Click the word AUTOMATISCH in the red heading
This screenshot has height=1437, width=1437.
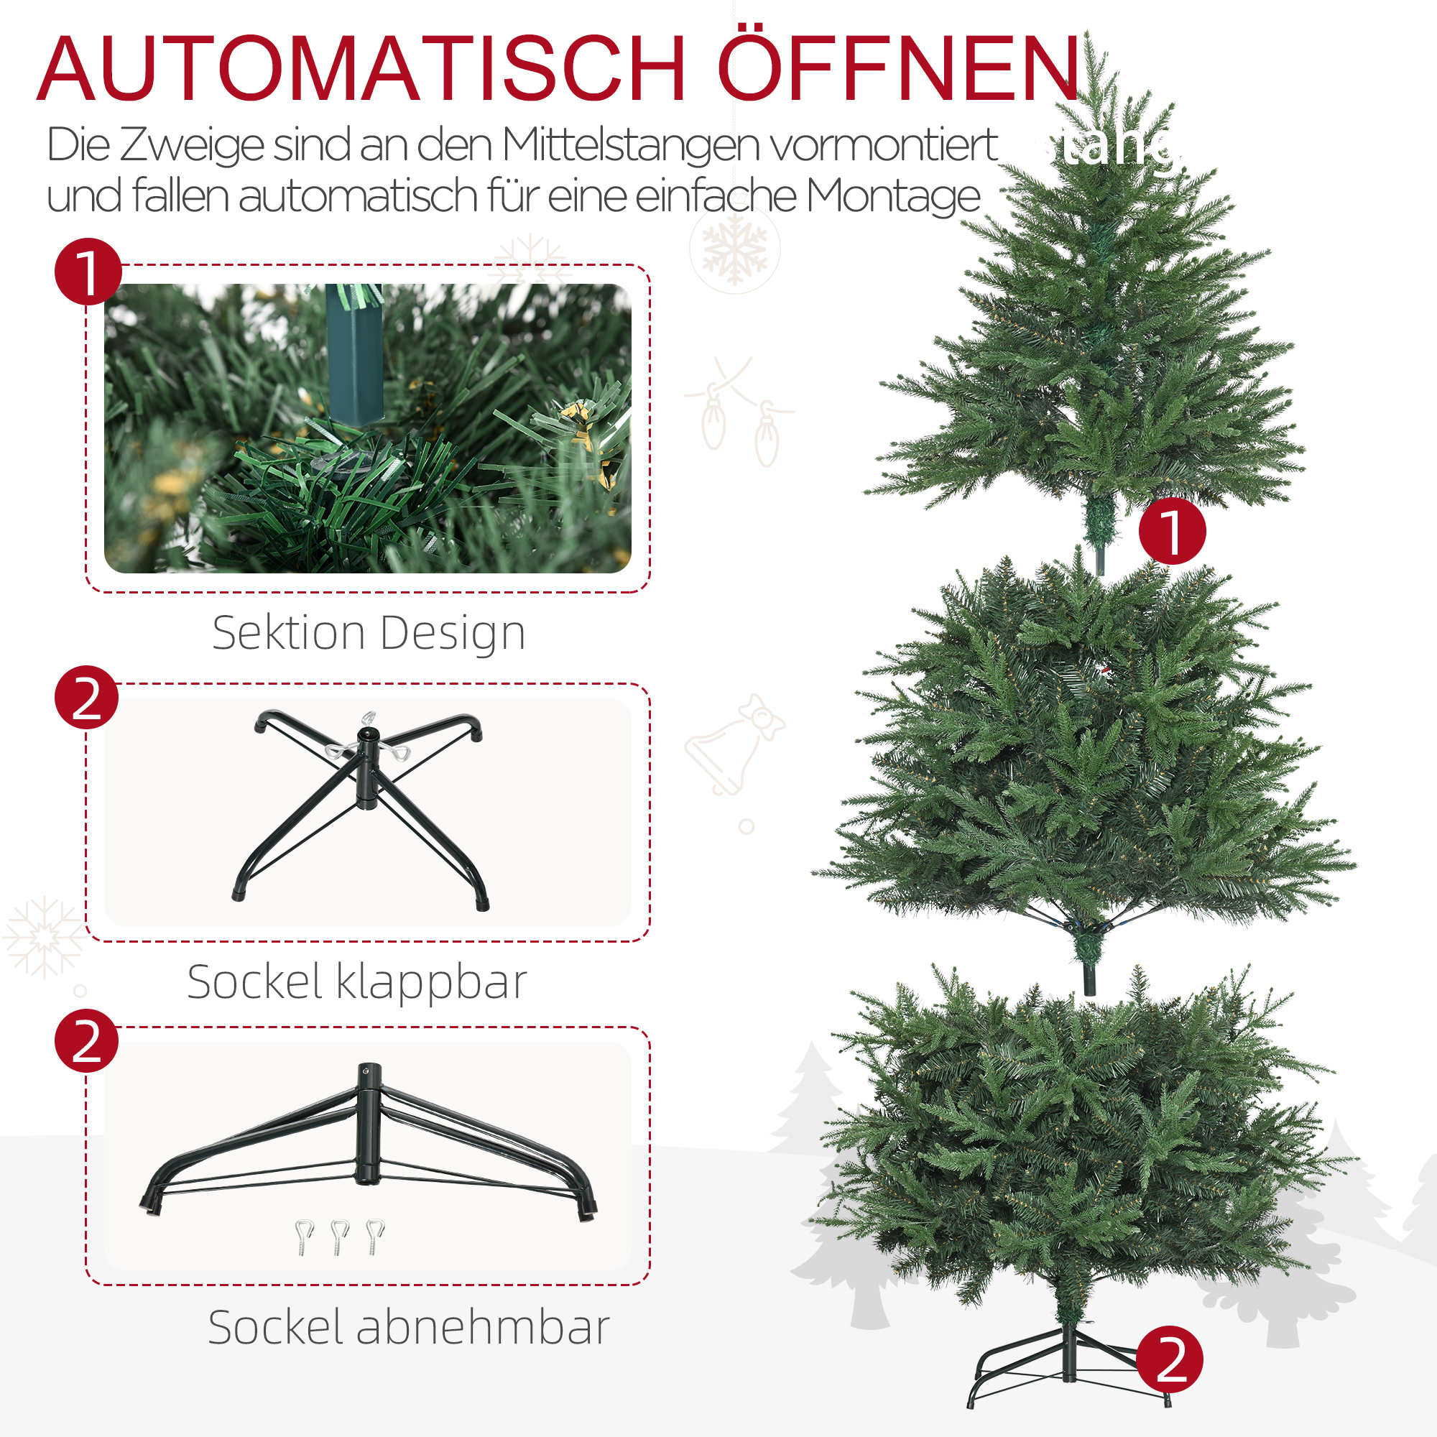[x=361, y=68]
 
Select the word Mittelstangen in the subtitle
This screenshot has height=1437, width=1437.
[x=632, y=146]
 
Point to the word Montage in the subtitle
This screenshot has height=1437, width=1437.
[x=893, y=196]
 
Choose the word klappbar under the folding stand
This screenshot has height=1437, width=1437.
[x=431, y=982]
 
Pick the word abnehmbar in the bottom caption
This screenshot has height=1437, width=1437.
[x=484, y=1328]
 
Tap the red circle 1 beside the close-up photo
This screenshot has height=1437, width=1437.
[x=88, y=272]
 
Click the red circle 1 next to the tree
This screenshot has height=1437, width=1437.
[x=1172, y=531]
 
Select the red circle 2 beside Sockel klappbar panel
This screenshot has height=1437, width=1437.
[x=87, y=698]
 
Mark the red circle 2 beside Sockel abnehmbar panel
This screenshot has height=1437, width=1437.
[x=87, y=1041]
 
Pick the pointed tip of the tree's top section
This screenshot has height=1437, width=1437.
[x=1087, y=37]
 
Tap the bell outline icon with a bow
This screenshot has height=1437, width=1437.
[x=732, y=747]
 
